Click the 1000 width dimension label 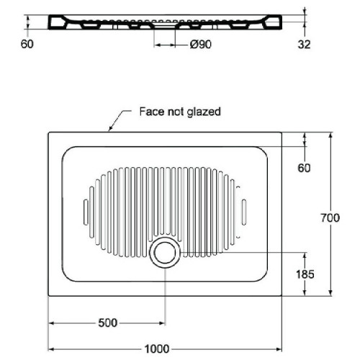157,348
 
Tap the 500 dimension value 108,323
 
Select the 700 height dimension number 330,218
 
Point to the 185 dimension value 305,274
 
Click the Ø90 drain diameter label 201,45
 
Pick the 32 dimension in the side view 304,45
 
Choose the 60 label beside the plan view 304,168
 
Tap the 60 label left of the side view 27,44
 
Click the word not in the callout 176,112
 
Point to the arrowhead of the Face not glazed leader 110,129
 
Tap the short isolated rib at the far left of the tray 86,212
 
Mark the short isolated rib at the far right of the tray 244,212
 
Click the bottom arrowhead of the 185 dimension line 305,292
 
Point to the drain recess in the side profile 165,24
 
